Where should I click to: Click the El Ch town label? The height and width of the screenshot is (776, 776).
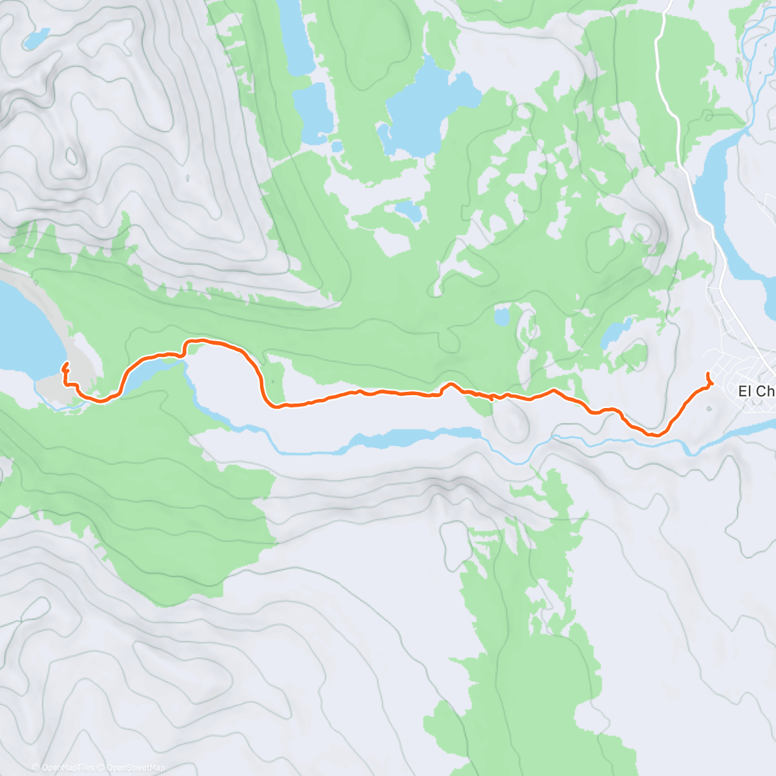tap(757, 391)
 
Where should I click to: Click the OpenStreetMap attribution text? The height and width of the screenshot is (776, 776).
tap(135, 768)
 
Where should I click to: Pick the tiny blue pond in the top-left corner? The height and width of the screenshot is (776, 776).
tap(36, 38)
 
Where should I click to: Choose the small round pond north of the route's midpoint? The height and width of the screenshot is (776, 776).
tap(501, 317)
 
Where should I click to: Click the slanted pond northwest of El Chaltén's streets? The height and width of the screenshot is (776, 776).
tap(614, 332)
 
